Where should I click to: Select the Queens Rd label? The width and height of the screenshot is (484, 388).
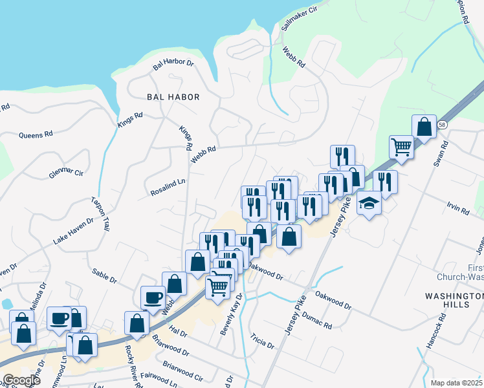click(35, 135)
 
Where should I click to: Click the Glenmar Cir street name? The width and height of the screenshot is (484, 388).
click(67, 173)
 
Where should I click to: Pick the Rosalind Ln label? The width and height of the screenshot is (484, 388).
click(168, 188)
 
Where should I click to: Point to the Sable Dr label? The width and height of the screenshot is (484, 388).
click(104, 276)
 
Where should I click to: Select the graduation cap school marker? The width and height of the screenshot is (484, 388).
click(369, 204)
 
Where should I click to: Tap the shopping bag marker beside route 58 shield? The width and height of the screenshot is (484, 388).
click(424, 127)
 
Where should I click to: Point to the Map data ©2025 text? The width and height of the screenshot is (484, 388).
click(456, 383)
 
